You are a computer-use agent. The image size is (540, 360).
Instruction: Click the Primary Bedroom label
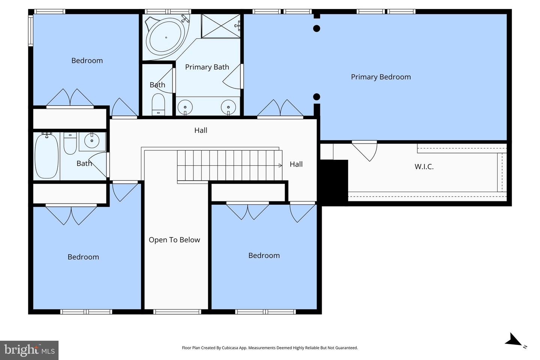click(x=381, y=77)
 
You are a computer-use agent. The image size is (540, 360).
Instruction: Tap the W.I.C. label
click(x=424, y=166)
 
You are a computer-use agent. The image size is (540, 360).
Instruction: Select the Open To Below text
click(x=174, y=240)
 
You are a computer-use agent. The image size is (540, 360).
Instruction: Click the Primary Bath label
click(x=207, y=67)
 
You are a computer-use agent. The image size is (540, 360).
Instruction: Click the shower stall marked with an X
click(x=221, y=26)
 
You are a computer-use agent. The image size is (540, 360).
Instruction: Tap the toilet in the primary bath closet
click(x=158, y=105)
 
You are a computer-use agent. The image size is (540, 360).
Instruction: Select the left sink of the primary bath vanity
click(x=185, y=107)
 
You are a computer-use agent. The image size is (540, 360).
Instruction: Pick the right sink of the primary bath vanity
click(x=228, y=107)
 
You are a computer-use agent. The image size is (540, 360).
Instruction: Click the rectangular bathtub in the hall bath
click(x=47, y=156)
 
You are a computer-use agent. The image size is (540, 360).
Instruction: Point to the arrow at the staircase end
click(x=280, y=165)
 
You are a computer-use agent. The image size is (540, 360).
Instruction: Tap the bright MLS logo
click(x=29, y=350)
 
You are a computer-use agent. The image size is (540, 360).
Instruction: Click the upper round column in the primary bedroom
click(x=316, y=28)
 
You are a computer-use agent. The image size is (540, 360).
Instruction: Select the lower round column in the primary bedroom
click(x=316, y=97)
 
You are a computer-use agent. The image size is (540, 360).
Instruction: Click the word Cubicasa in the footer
click(x=230, y=348)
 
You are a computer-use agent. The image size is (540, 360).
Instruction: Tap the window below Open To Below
click(x=177, y=312)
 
